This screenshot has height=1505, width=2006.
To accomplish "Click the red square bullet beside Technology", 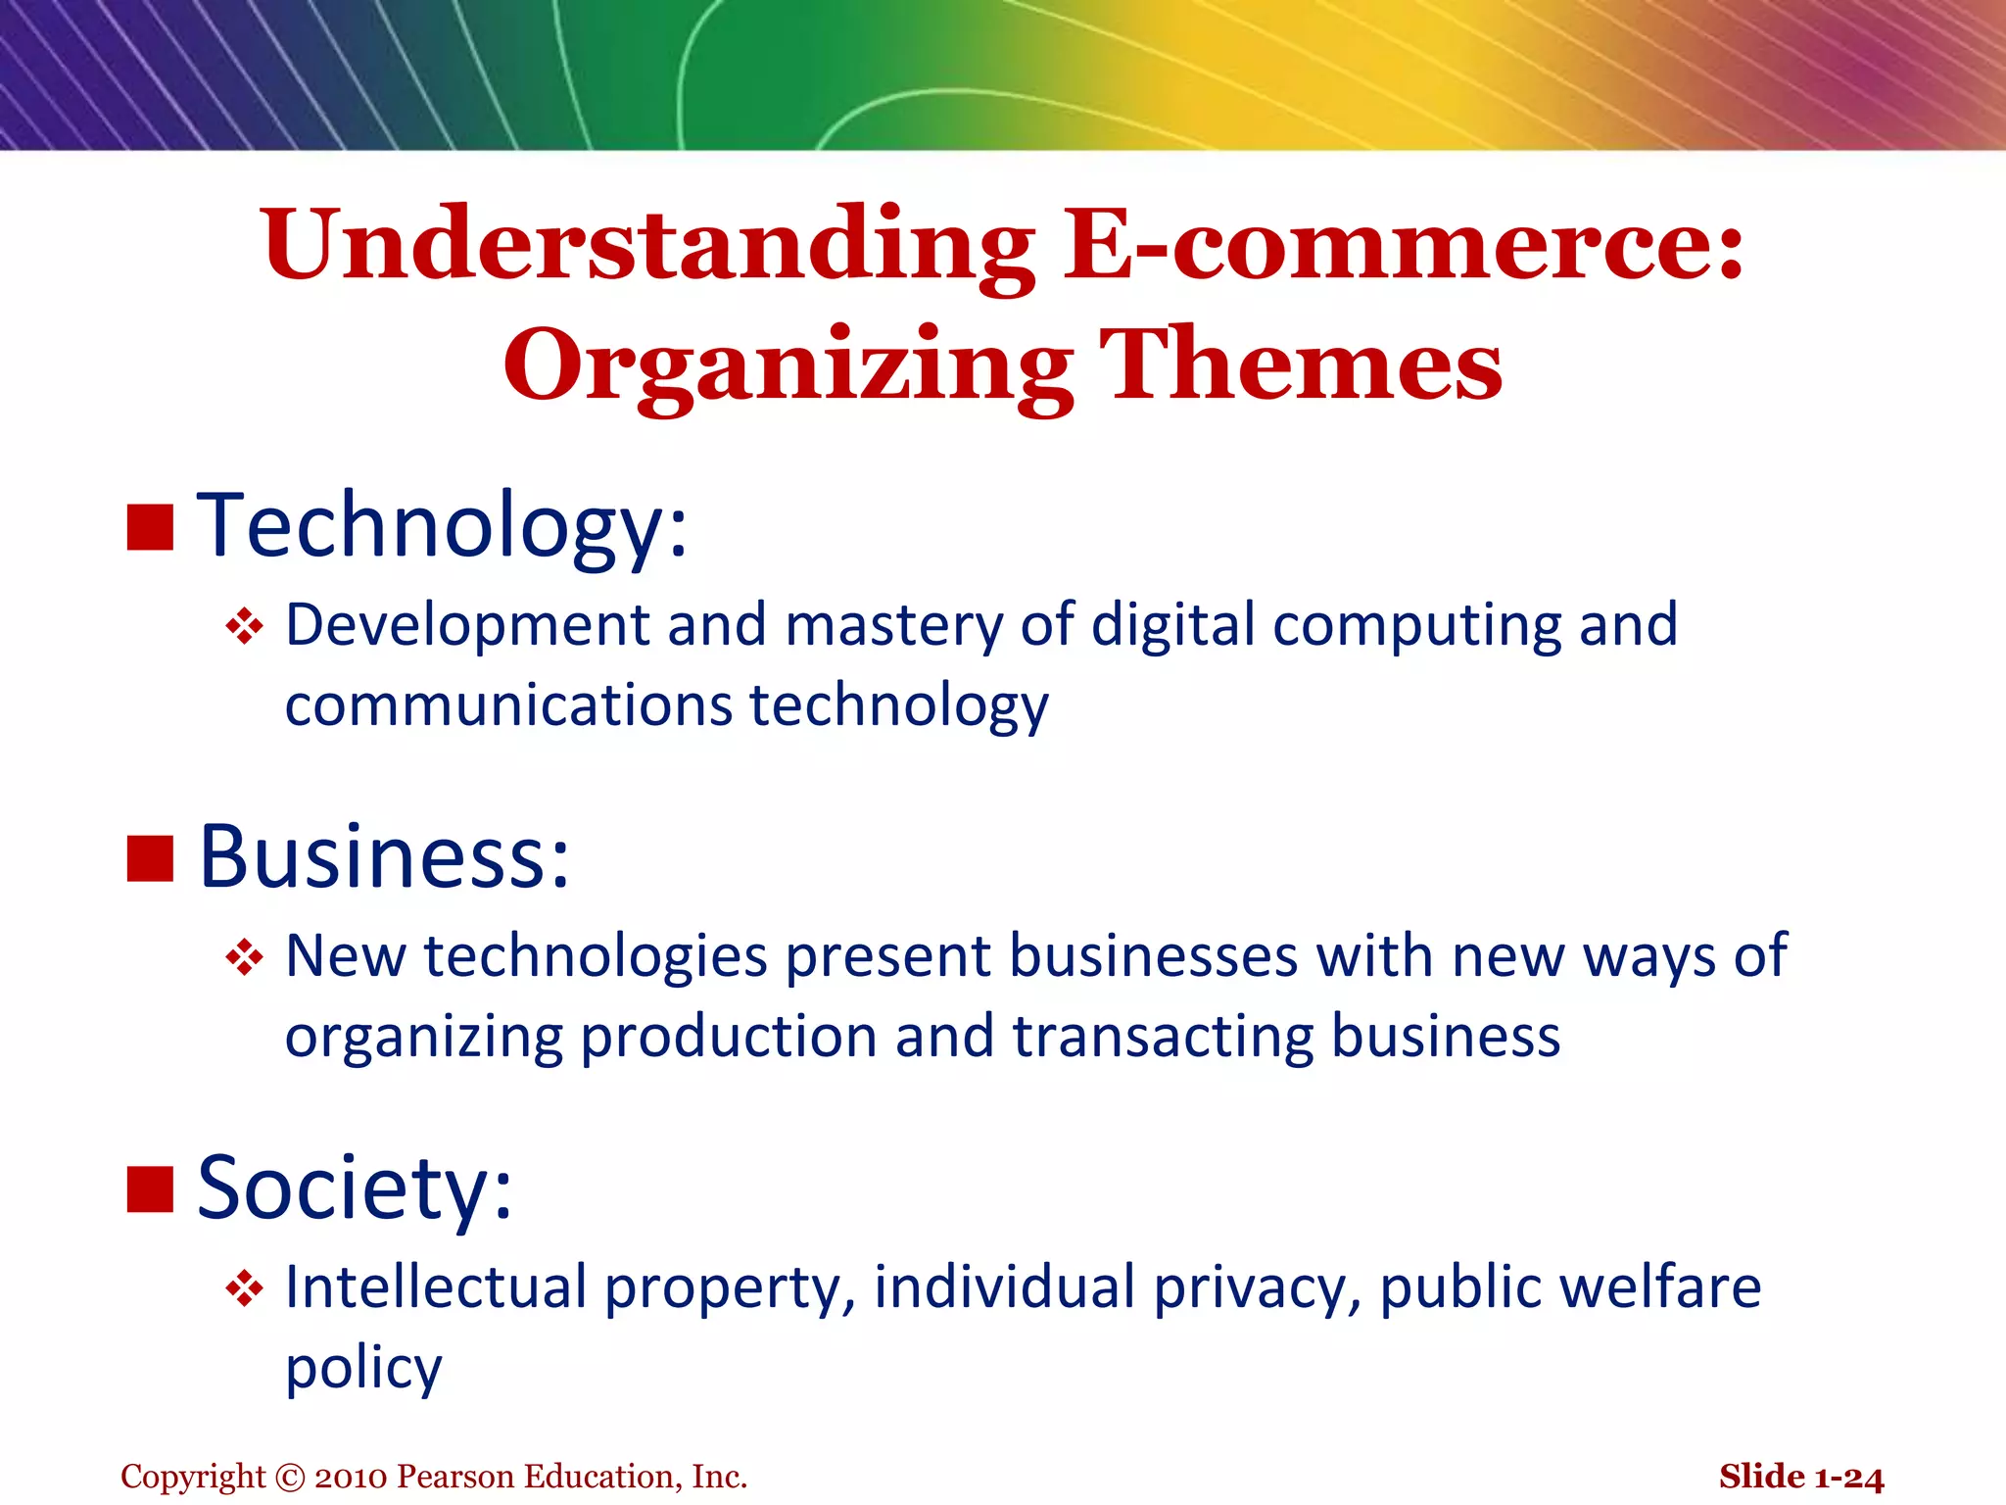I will [x=150, y=528].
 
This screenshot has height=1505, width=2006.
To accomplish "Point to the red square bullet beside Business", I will [x=150, y=858].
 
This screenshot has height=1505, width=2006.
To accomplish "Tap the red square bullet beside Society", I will [x=150, y=1189].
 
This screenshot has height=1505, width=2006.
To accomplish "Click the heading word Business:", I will [x=384, y=857].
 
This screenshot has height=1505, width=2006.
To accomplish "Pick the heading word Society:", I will [x=355, y=1189].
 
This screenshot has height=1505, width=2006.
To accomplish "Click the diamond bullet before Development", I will [x=244, y=627].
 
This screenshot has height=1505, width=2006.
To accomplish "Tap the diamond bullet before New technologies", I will [x=244, y=957].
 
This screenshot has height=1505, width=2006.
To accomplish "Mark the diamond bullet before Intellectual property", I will [x=244, y=1288].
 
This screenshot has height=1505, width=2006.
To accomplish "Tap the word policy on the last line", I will [x=363, y=1369].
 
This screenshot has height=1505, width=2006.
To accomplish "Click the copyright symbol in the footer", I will [x=290, y=1478].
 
